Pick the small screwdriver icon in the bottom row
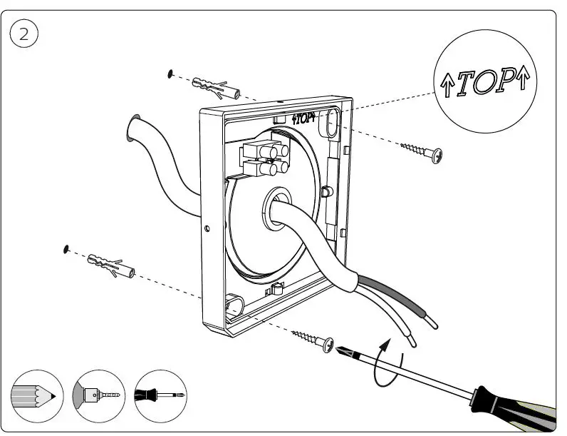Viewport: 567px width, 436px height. (x=162, y=395)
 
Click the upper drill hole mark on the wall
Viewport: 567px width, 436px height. (x=170, y=73)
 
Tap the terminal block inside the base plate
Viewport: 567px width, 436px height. (x=264, y=158)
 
